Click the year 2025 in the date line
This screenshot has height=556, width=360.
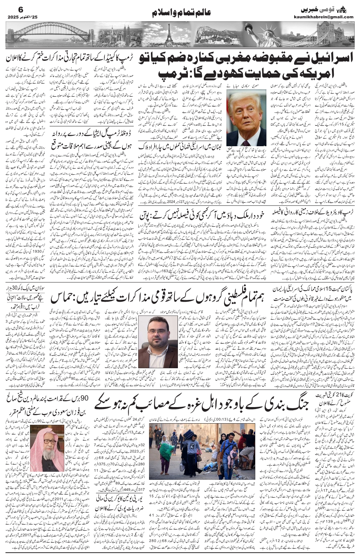14,17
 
